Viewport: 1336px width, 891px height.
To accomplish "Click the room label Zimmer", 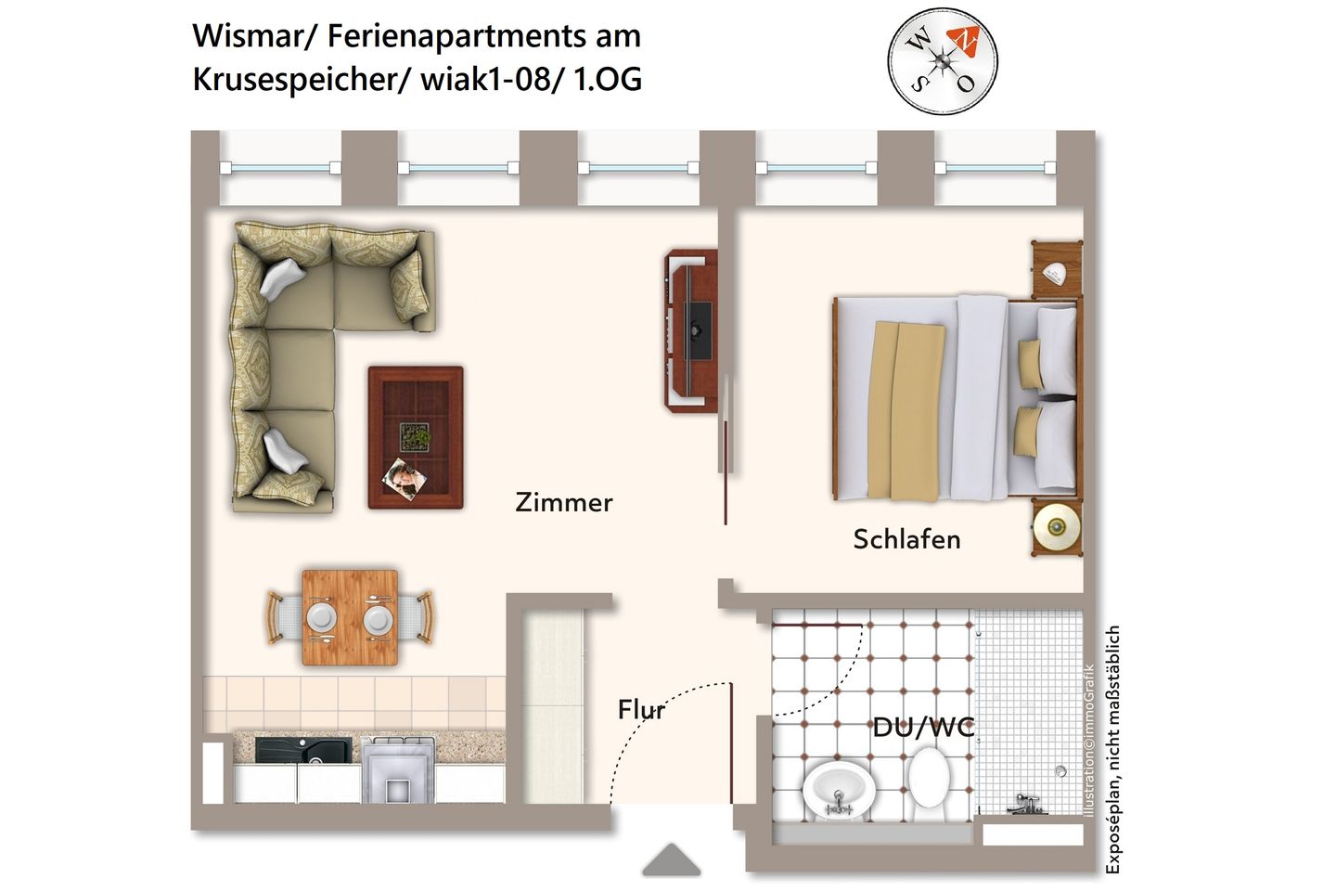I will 563,503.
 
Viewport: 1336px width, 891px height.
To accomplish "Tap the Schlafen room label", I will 906,539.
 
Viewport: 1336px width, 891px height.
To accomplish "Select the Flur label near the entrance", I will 642,710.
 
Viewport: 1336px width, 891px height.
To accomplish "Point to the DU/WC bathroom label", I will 924,727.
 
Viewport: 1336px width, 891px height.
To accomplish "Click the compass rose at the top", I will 943,62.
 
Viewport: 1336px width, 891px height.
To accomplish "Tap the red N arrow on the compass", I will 965,40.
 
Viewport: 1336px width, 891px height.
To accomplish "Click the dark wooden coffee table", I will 416,437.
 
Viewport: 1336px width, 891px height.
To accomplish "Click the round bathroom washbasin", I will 838,790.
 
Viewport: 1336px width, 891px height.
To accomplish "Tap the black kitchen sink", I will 303,750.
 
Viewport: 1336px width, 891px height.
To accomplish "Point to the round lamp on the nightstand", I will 1057,528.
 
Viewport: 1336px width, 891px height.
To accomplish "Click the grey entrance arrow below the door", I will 672,859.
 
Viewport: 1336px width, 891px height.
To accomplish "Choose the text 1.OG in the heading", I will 608,79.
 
